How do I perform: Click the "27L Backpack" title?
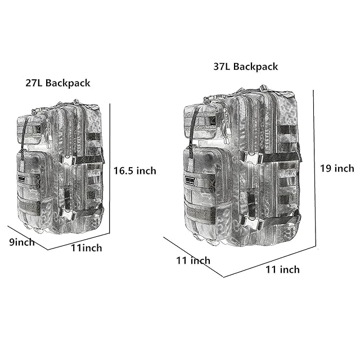tap(58, 83)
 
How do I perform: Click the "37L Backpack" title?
tap(246, 67)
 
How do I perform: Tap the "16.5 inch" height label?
tap(135, 171)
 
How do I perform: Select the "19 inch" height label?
tap(337, 168)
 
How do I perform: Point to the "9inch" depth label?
tap(22, 242)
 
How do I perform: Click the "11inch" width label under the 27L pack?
tap(86, 248)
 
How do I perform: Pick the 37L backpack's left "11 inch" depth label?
tap(193, 260)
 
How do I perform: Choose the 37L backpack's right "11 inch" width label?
tap(282, 269)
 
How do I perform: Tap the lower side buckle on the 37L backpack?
tap(253, 223)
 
